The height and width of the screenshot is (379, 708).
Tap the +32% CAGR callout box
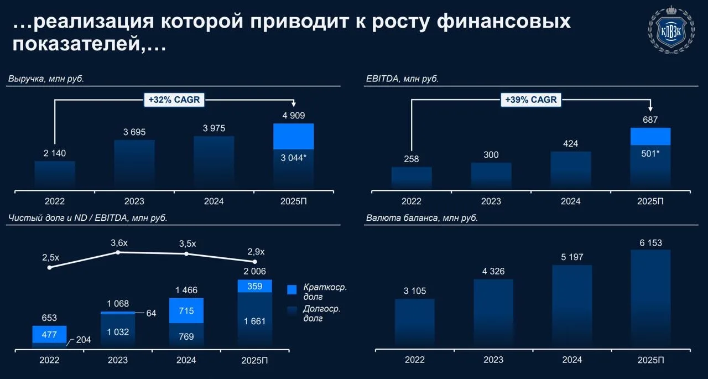[x=174, y=100]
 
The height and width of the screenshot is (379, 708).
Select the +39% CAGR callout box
[x=531, y=100]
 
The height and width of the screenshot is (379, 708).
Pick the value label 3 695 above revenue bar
[x=134, y=132]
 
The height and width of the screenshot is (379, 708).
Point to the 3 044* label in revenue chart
[x=294, y=158]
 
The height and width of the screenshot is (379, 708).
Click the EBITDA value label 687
[x=650, y=120]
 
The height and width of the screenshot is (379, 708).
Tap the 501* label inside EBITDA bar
[x=650, y=154]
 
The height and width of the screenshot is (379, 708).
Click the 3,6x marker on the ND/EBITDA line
[x=118, y=252]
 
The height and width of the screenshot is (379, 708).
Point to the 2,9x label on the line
[x=256, y=252]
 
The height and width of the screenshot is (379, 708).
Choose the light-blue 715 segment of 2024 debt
[x=186, y=310]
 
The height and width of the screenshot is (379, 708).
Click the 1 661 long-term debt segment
[x=255, y=320]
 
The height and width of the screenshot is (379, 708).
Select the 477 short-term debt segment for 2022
[x=49, y=334]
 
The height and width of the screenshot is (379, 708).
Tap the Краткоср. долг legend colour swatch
[x=291, y=289]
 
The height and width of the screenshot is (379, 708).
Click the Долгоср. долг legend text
[x=322, y=313]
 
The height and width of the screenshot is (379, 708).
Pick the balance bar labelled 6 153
[x=651, y=299]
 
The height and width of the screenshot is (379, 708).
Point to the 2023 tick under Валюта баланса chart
[x=493, y=360]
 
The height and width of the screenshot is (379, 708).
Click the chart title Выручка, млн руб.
[x=46, y=79]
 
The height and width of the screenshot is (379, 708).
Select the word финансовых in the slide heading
[x=503, y=22]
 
